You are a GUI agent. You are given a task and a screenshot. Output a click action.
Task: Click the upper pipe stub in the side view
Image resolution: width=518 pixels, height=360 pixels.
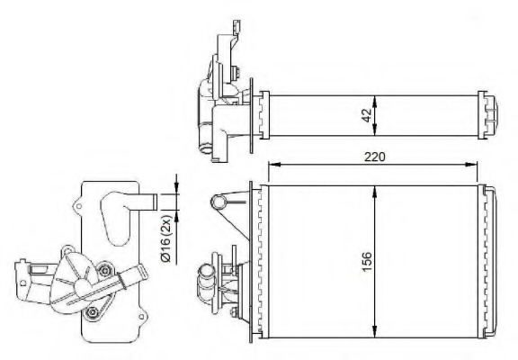click(144, 200)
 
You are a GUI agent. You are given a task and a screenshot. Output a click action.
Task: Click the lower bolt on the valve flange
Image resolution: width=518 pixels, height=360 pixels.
click(93, 312)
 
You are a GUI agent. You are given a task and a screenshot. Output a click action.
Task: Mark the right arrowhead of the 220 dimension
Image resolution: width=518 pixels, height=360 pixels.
click(476, 164)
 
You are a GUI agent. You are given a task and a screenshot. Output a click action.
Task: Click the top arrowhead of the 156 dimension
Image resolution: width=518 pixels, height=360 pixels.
click(375, 188)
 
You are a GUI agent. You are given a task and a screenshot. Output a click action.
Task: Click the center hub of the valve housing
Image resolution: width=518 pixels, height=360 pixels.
click(83, 286)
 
